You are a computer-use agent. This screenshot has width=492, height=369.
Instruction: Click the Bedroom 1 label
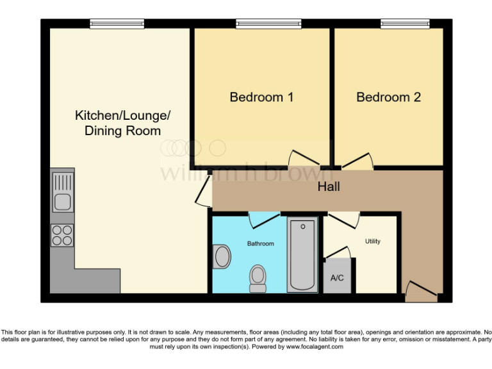(261, 97)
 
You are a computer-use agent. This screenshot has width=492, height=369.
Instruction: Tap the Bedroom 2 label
(388, 97)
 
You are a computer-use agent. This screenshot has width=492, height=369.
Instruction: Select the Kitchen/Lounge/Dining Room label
(123, 123)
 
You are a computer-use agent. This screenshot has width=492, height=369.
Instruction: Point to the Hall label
(329, 187)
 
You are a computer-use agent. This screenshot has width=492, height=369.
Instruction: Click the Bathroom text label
(261, 243)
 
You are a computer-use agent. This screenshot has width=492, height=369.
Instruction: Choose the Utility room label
(373, 242)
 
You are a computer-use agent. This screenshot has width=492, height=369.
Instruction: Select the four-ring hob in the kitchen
(62, 236)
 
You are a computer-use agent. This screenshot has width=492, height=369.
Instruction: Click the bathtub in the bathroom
(302, 255)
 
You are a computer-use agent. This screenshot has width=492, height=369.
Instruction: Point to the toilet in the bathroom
(258, 277)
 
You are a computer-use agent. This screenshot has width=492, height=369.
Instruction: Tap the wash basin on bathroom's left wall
(222, 257)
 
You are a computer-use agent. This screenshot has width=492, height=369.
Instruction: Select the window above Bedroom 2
(405, 24)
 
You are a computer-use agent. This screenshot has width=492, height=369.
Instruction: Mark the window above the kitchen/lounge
(113, 24)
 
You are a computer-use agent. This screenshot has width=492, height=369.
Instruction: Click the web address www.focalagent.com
(315, 347)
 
